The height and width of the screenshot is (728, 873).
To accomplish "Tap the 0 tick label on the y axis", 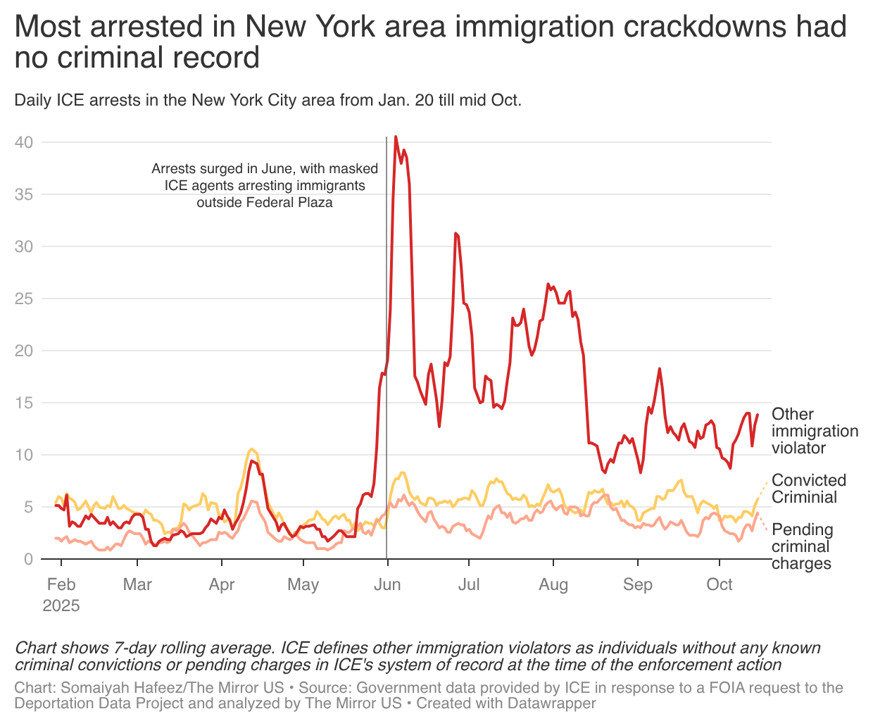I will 28,560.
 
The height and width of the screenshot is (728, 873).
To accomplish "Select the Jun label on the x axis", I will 387,585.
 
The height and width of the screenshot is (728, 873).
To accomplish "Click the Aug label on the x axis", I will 553,585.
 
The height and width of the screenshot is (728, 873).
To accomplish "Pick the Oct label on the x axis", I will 720,585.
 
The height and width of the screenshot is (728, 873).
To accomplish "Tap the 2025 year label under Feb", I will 61,606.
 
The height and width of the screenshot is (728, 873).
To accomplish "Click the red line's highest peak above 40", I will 396,137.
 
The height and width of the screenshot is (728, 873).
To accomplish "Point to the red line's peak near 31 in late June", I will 456,234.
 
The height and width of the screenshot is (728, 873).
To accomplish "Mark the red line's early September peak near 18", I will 660,369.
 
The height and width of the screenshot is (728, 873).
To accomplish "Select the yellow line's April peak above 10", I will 251,449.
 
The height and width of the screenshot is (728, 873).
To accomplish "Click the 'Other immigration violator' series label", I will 814,431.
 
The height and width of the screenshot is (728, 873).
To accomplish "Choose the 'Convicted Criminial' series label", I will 808,489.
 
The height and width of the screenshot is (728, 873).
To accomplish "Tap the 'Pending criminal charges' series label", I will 803,546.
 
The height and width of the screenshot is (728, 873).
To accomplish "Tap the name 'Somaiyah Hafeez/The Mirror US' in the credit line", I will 172,688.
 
